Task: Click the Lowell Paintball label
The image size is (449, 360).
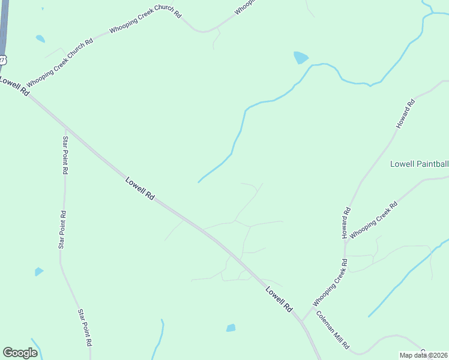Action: point(419,164)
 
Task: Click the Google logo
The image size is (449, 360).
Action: point(20,353)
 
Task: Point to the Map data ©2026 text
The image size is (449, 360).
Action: point(423,355)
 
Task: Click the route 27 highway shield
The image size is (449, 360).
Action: point(2,59)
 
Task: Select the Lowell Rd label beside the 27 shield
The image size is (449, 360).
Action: point(14,86)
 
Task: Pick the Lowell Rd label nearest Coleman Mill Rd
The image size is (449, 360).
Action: point(279,299)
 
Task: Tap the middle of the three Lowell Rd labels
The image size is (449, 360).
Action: point(140,188)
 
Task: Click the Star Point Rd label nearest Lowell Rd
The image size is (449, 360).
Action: point(65,155)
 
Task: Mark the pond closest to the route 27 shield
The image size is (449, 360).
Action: point(40,39)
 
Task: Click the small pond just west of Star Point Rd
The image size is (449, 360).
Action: point(39,272)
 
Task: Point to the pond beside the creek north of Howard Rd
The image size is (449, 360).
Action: point(300,58)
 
